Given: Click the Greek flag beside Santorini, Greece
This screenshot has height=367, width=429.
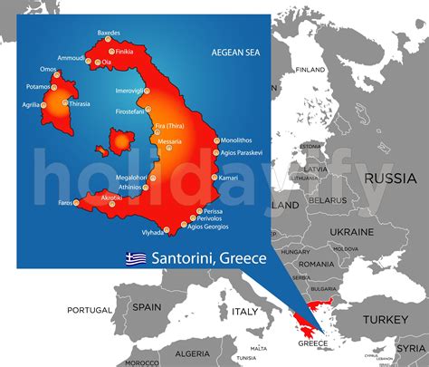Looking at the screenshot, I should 136,258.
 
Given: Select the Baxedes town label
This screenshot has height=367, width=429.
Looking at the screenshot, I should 108,33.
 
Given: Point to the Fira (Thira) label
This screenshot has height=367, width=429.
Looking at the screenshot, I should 172,125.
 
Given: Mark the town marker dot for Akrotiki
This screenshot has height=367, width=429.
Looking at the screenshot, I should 113,205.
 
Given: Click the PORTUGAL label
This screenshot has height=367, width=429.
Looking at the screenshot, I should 90,309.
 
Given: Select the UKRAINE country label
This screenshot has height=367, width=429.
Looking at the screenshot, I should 351,232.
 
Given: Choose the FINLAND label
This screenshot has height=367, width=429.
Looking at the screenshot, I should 310,69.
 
